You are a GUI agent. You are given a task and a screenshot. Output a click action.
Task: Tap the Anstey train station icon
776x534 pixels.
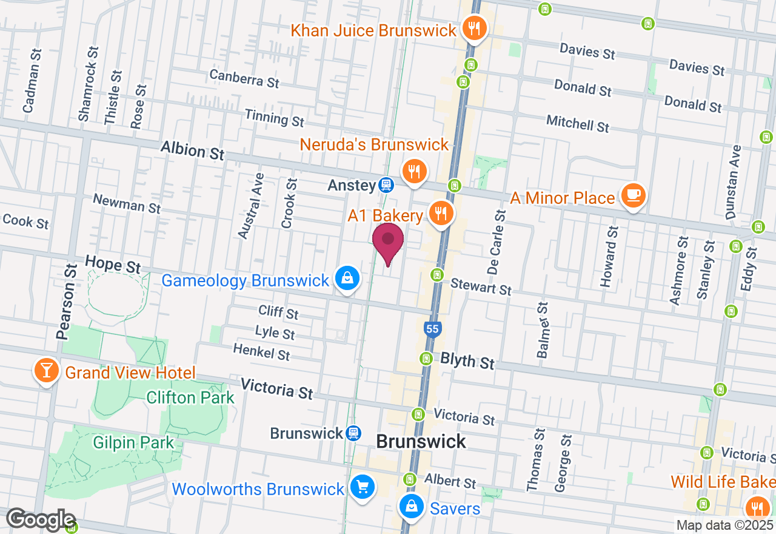[386, 185]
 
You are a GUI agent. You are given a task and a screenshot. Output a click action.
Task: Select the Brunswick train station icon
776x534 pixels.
[353, 433]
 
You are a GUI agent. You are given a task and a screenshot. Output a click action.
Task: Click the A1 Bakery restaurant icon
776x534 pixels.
[441, 214]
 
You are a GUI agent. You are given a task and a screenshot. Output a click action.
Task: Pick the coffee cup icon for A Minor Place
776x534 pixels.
[633, 195]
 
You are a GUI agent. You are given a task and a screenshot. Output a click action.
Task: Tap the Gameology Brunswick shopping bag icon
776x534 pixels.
[347, 279]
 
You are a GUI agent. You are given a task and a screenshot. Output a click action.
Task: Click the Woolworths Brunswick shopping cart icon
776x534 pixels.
[362, 487]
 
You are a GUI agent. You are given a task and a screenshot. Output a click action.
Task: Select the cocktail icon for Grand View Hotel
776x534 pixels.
[46, 370]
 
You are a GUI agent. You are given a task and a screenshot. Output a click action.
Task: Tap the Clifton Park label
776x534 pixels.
[190, 398]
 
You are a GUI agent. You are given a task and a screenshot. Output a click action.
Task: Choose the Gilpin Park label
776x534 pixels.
[133, 442]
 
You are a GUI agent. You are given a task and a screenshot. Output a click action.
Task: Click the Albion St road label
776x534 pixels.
[193, 150]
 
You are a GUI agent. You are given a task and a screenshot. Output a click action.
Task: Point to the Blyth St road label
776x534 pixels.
[467, 361]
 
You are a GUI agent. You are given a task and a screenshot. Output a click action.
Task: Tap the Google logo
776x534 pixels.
[41, 520]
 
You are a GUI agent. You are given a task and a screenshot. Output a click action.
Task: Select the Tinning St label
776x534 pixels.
[274, 118]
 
